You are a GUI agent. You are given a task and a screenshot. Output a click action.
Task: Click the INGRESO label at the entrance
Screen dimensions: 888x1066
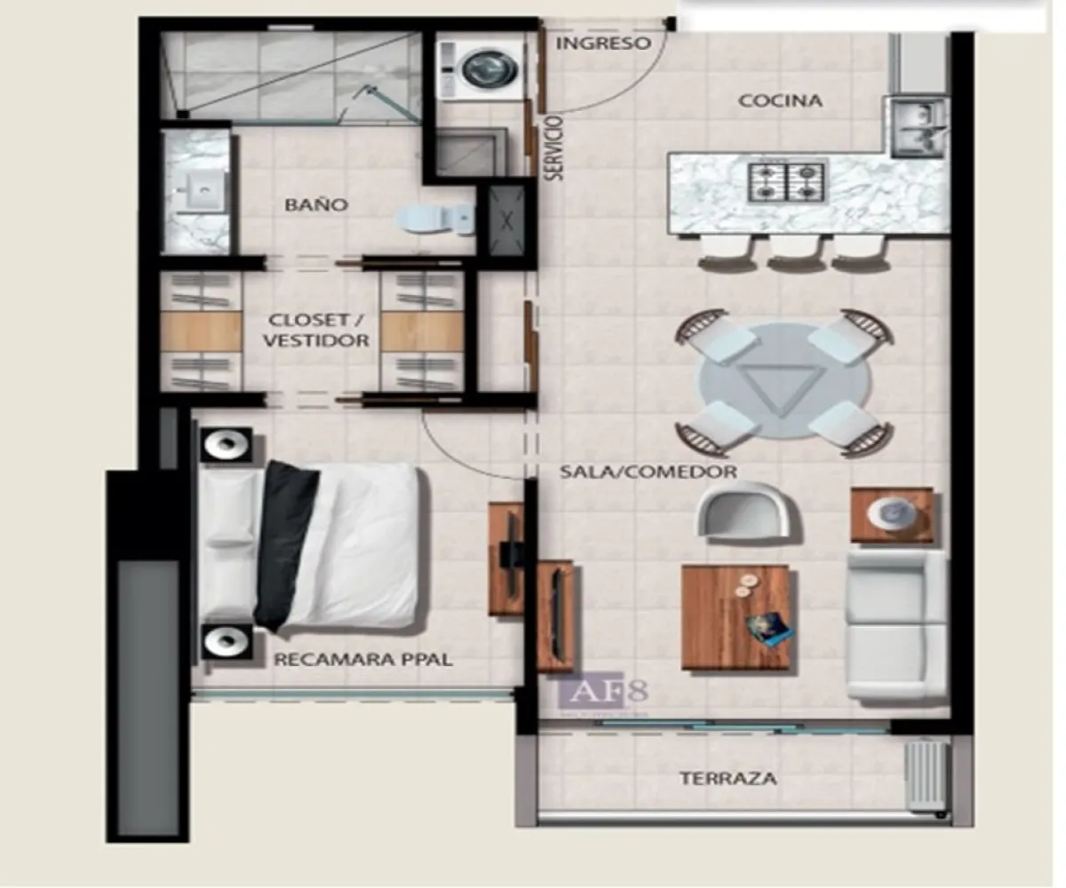(x=603, y=44)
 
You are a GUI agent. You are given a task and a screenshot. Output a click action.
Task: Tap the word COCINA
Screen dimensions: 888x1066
(x=781, y=101)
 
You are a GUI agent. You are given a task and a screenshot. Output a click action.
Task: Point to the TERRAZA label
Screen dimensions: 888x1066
(x=728, y=780)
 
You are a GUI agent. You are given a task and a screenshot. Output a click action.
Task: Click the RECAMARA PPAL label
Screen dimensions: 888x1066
(x=363, y=660)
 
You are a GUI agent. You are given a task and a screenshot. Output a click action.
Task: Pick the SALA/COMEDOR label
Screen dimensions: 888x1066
(x=648, y=472)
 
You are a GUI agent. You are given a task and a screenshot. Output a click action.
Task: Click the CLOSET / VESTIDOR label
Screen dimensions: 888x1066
(x=319, y=329)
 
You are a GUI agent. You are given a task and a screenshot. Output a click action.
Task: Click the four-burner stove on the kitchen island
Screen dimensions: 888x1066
(x=787, y=182)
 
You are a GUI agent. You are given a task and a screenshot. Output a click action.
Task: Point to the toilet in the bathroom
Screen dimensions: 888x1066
(x=436, y=218)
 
